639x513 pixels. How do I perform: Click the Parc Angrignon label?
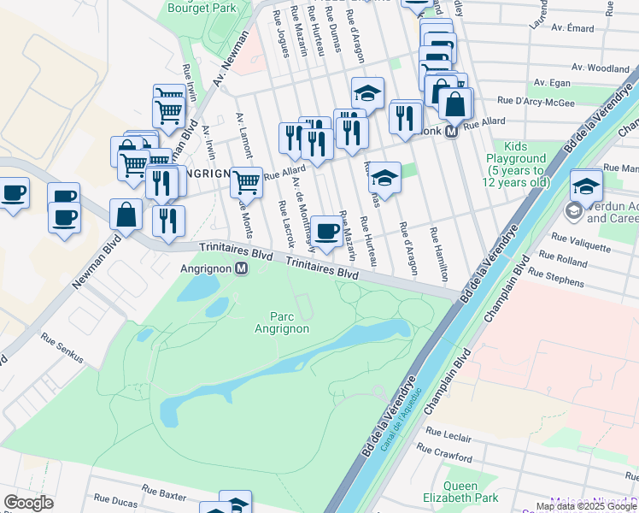click(282, 321)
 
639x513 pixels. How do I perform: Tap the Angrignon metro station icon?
click(242, 268)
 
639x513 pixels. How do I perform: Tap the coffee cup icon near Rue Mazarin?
click(325, 231)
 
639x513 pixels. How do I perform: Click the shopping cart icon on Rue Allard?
click(246, 180)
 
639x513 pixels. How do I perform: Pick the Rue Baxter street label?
click(164, 492)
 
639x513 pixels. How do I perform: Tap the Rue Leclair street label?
click(448, 437)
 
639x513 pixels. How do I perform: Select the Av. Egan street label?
click(552, 83)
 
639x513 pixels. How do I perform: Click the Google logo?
click(29, 502)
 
